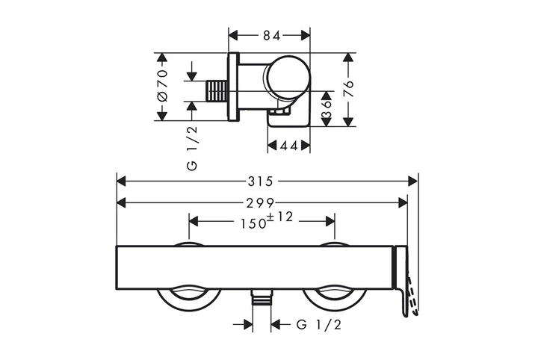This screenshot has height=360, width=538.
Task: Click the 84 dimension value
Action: pyautogui.click(x=271, y=35)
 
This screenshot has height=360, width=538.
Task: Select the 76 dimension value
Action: pyautogui.click(x=349, y=89)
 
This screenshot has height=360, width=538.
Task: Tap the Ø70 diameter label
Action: pyautogui.click(x=162, y=86)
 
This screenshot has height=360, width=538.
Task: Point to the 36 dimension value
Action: pyautogui.click(x=327, y=109)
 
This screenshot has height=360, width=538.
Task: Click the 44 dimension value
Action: pyautogui.click(x=288, y=146)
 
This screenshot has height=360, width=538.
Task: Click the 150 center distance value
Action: pyautogui.click(x=253, y=223)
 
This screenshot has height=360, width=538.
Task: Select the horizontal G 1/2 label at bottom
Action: pyautogui.click(x=319, y=324)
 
